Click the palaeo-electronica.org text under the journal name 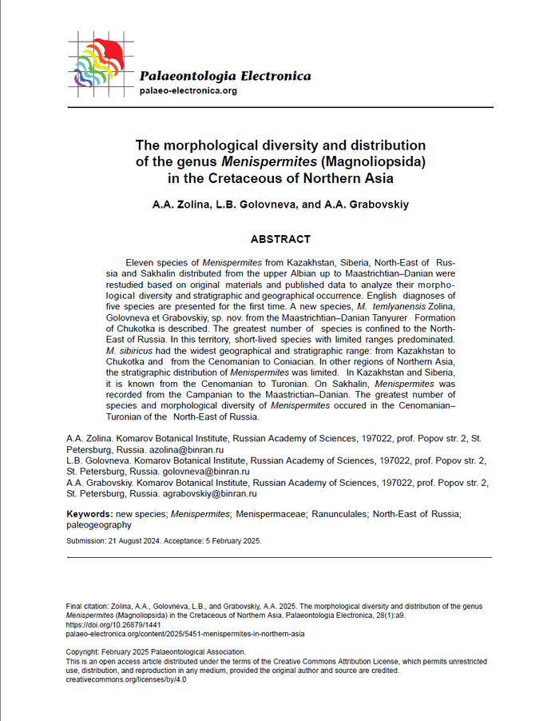tap(188, 91)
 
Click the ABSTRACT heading tap(280, 239)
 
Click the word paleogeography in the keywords tap(98, 525)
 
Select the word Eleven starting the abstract tap(141, 261)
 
